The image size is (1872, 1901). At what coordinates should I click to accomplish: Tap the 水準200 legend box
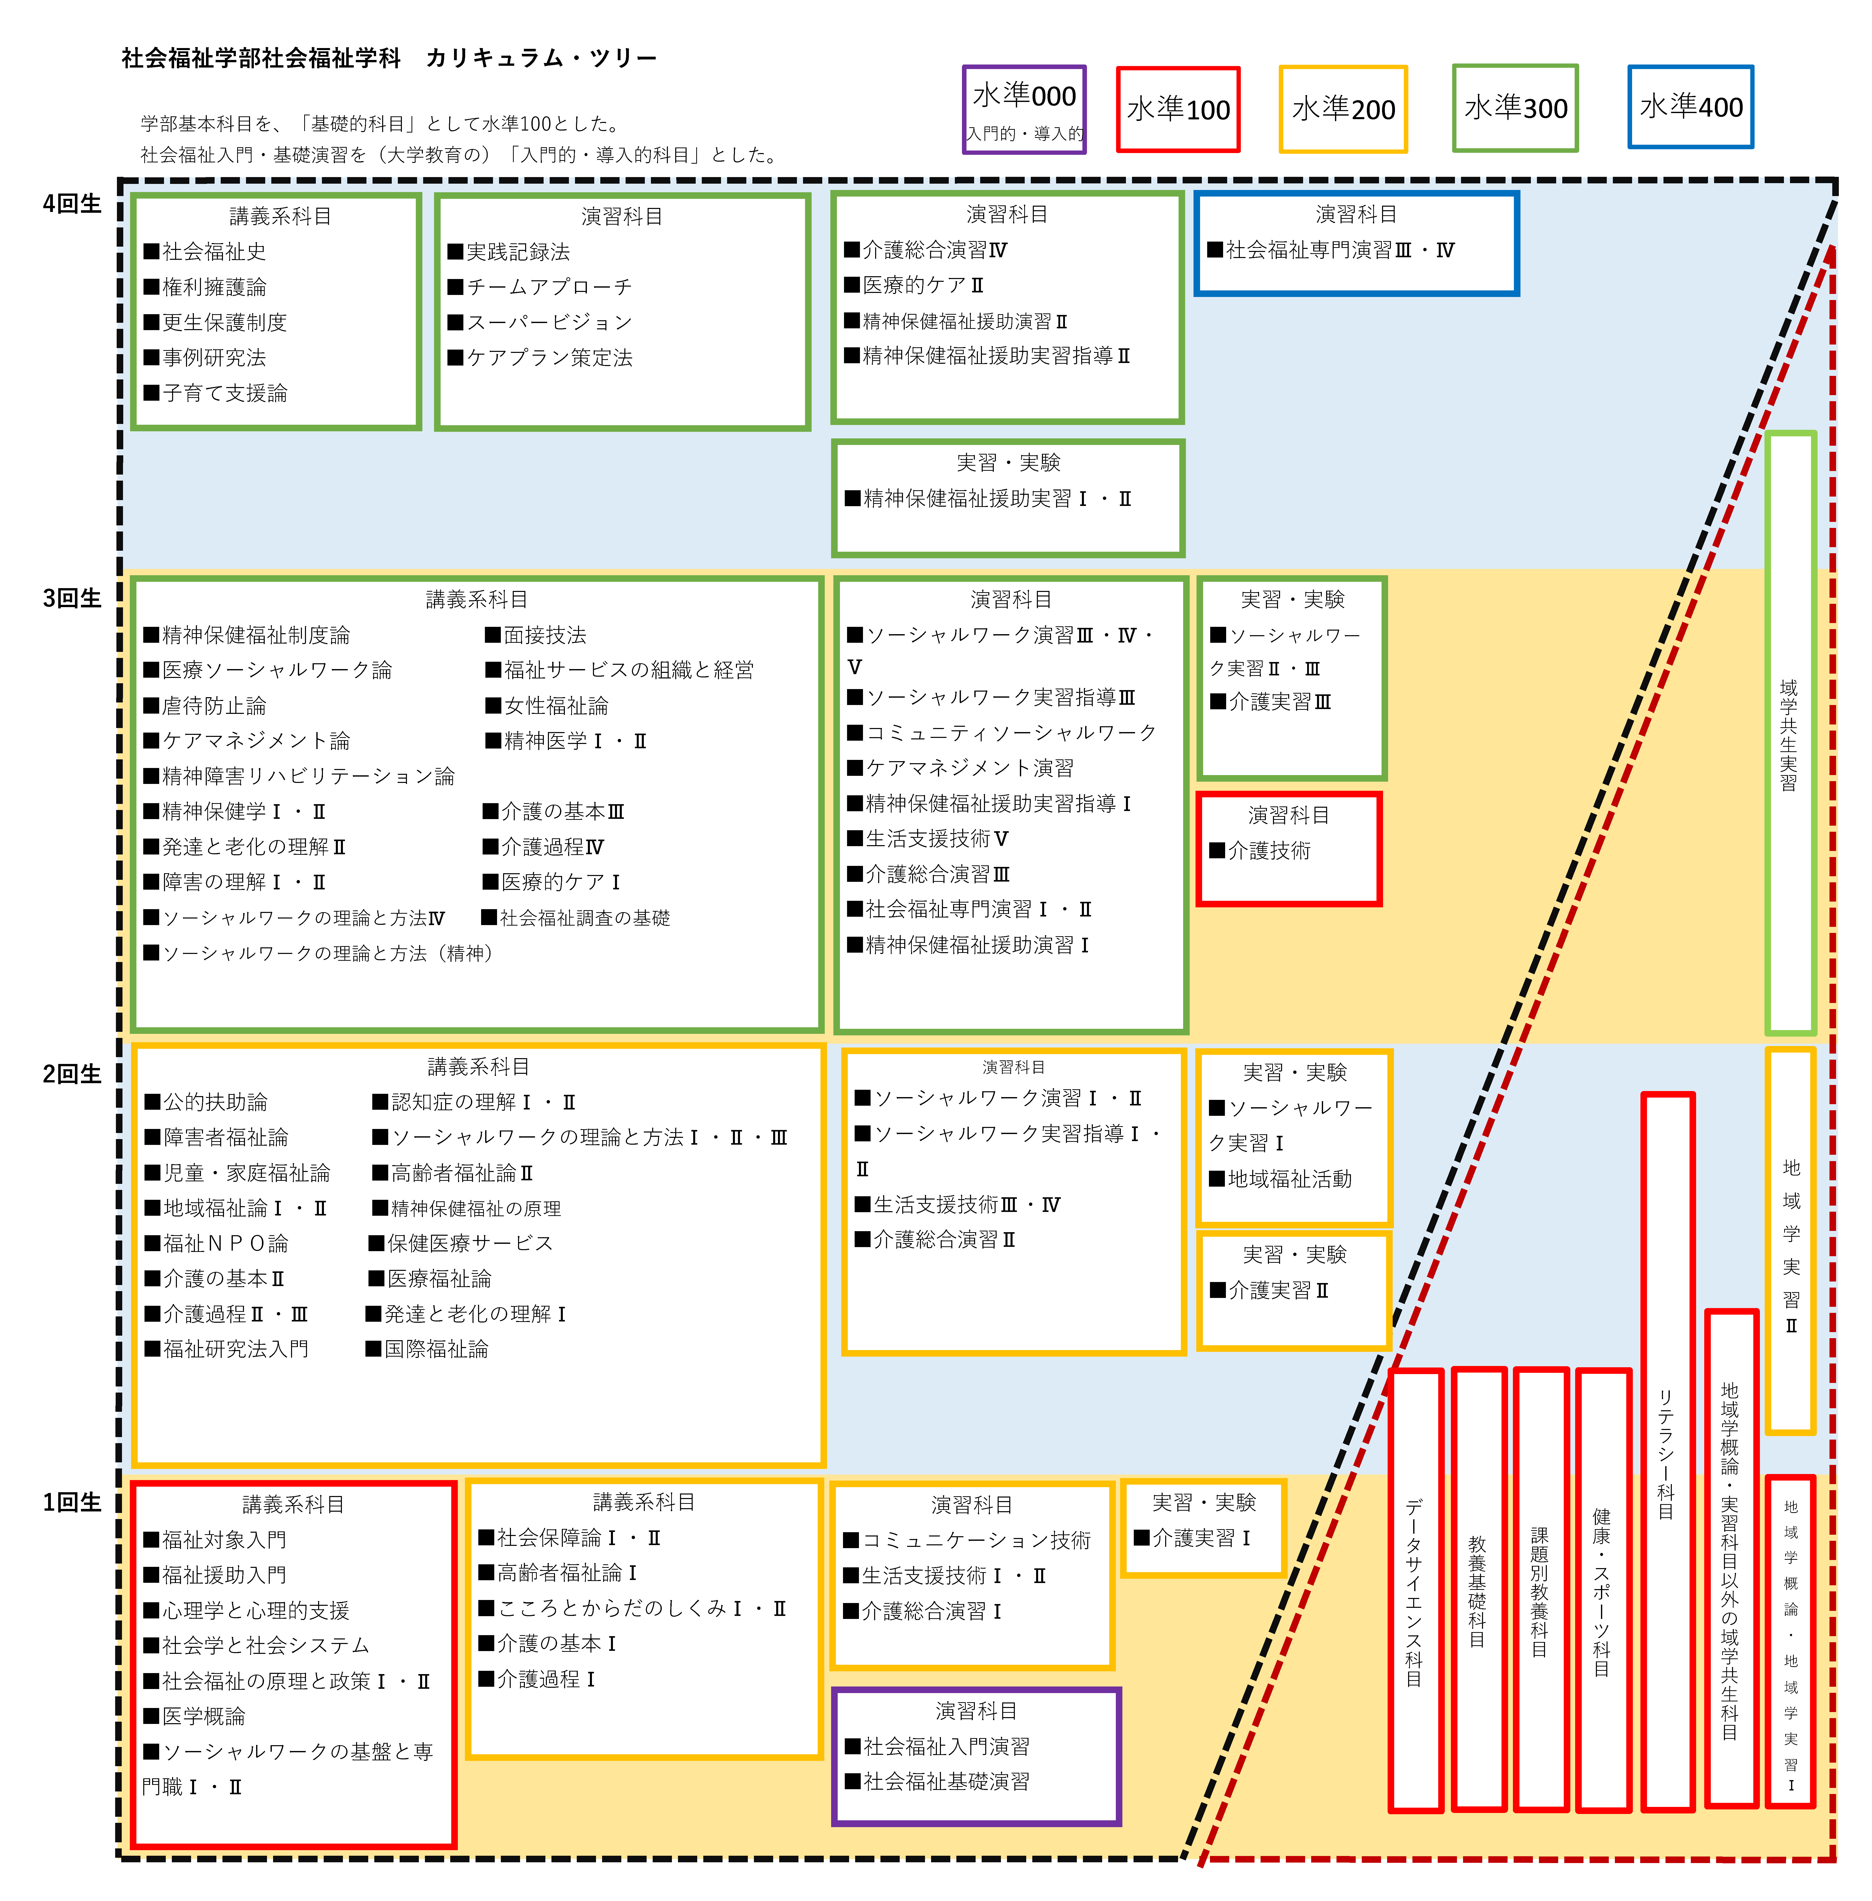click(x=1343, y=109)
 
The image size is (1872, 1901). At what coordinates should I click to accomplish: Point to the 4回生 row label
click(x=72, y=203)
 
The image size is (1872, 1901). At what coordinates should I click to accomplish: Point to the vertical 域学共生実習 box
click(x=1791, y=732)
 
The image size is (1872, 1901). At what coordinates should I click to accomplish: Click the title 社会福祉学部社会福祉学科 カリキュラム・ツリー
click(x=389, y=58)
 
